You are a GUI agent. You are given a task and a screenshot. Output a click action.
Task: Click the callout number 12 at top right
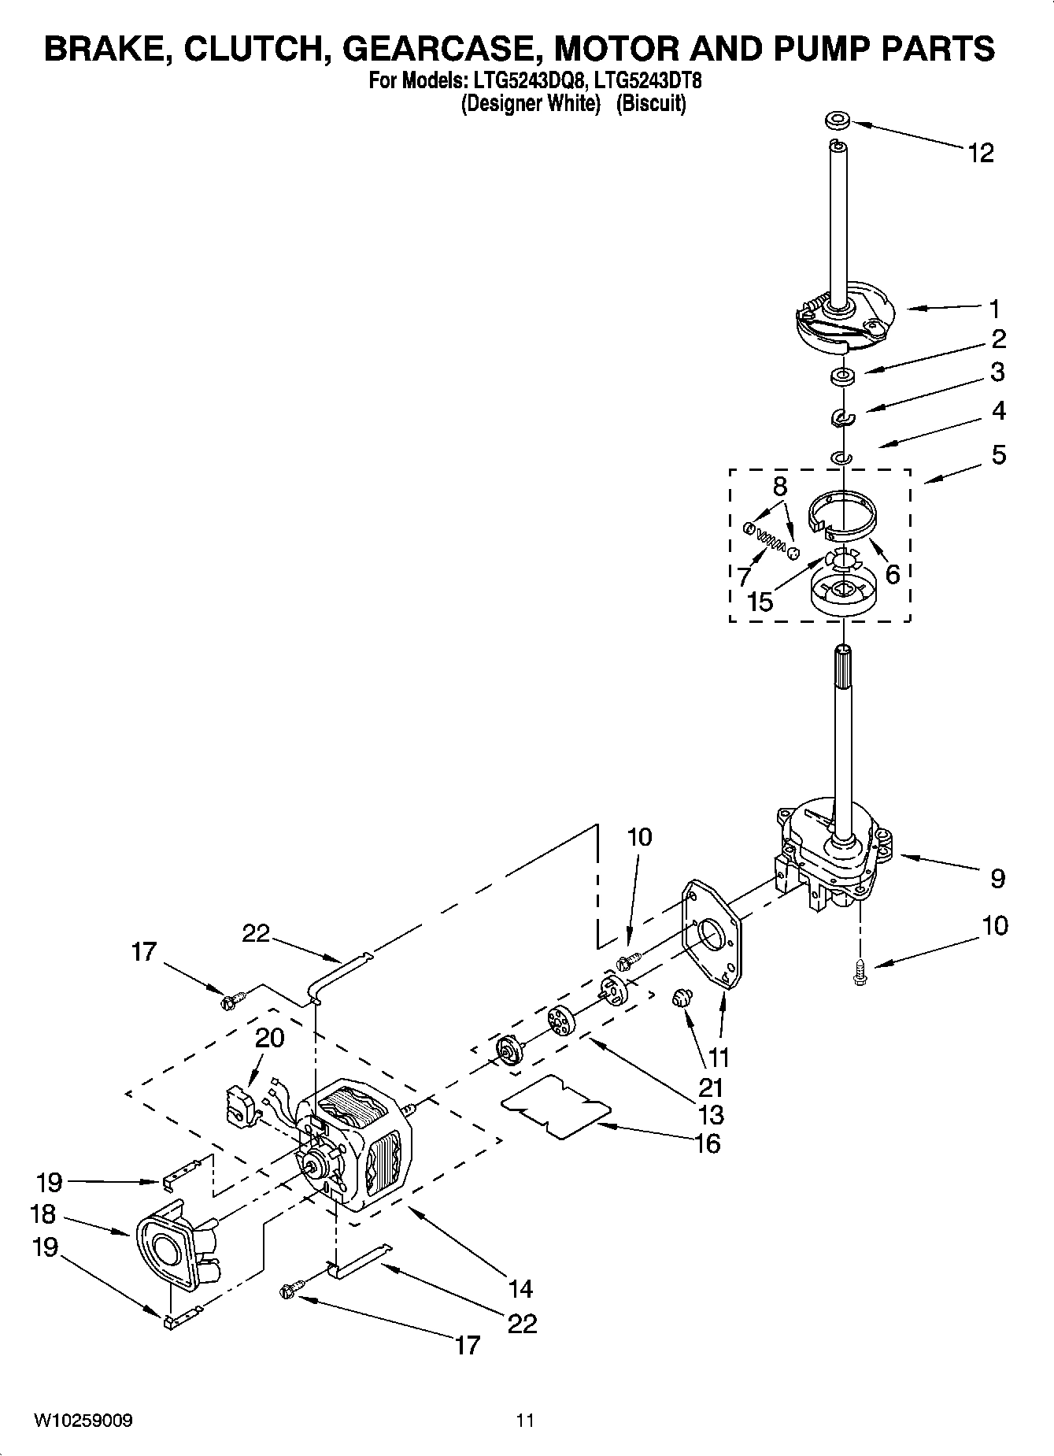pos(980,153)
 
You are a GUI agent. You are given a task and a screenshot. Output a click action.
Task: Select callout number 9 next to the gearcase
pos(997,878)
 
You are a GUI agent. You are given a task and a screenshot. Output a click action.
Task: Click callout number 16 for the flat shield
pos(708,1143)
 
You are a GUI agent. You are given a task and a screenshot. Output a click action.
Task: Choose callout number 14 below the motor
pos(520,1288)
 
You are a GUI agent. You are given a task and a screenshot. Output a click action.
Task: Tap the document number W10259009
pos(83,1421)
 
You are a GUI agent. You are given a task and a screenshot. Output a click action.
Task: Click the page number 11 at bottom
pos(525,1421)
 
